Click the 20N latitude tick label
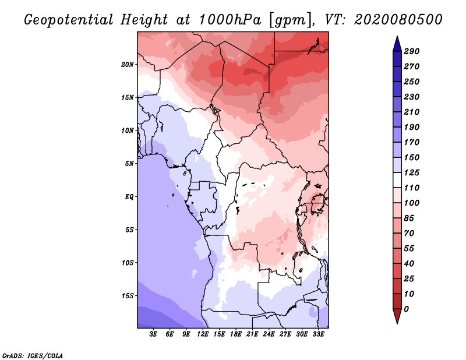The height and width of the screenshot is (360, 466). pos(128,64)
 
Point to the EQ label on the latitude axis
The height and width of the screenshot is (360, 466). pos(129,196)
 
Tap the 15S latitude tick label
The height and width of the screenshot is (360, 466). pos(128,296)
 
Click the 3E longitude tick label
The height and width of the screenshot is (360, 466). pos(154,334)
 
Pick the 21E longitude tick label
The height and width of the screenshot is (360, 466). pos(253,334)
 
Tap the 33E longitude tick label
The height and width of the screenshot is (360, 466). pos(318,334)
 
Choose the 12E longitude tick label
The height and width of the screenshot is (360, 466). pos(203,334)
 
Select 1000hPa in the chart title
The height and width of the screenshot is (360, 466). pos(227,19)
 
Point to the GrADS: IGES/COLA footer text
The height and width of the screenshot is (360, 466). pos(33,355)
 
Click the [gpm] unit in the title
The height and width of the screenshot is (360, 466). pos(285,19)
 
